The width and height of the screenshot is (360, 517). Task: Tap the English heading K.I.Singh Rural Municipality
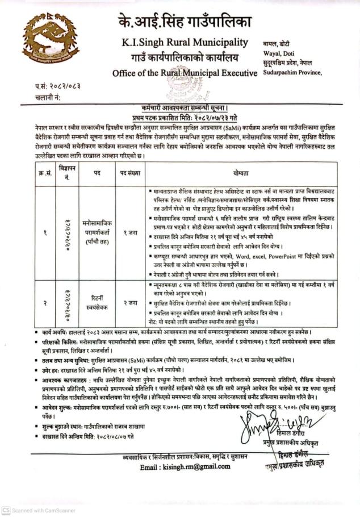click(185, 43)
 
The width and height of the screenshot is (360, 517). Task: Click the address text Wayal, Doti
click(279, 52)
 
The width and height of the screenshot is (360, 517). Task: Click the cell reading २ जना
click(130, 303)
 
